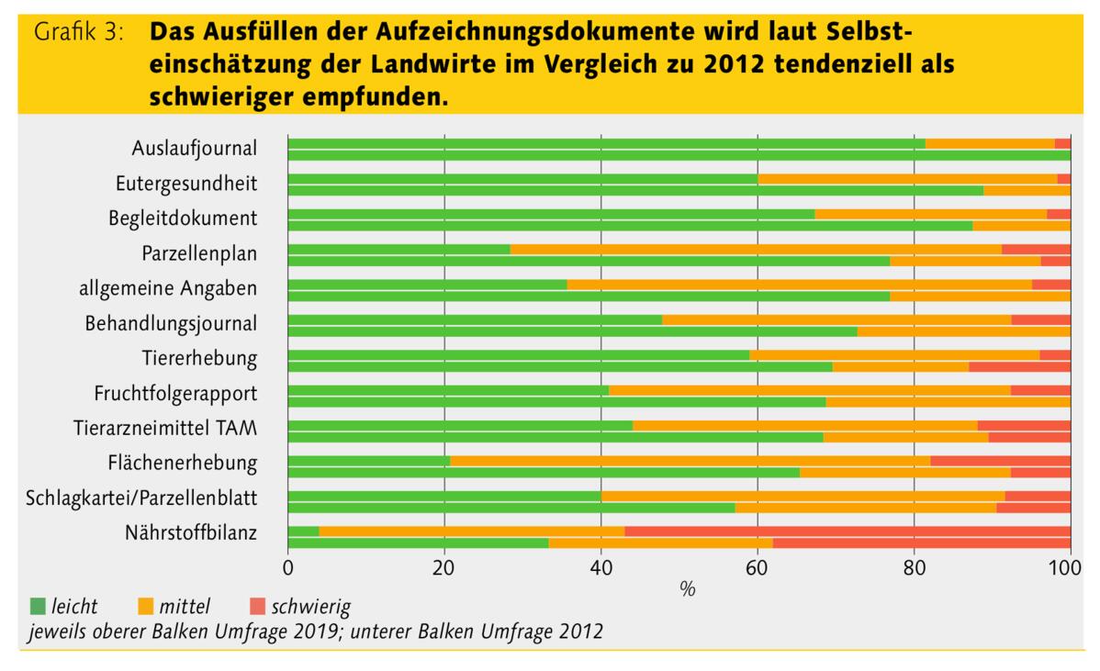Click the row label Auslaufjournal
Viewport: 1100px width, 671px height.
[x=194, y=149]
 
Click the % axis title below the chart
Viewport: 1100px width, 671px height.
[x=687, y=588]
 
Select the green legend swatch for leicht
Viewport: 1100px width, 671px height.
[x=38, y=606]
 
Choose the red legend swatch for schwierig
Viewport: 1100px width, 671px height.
[x=256, y=606]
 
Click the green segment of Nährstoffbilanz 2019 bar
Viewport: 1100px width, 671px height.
[x=303, y=531]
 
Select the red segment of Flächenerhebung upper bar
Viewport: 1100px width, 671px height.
[x=1000, y=461]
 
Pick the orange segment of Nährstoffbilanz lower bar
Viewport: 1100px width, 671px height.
[x=660, y=542]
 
